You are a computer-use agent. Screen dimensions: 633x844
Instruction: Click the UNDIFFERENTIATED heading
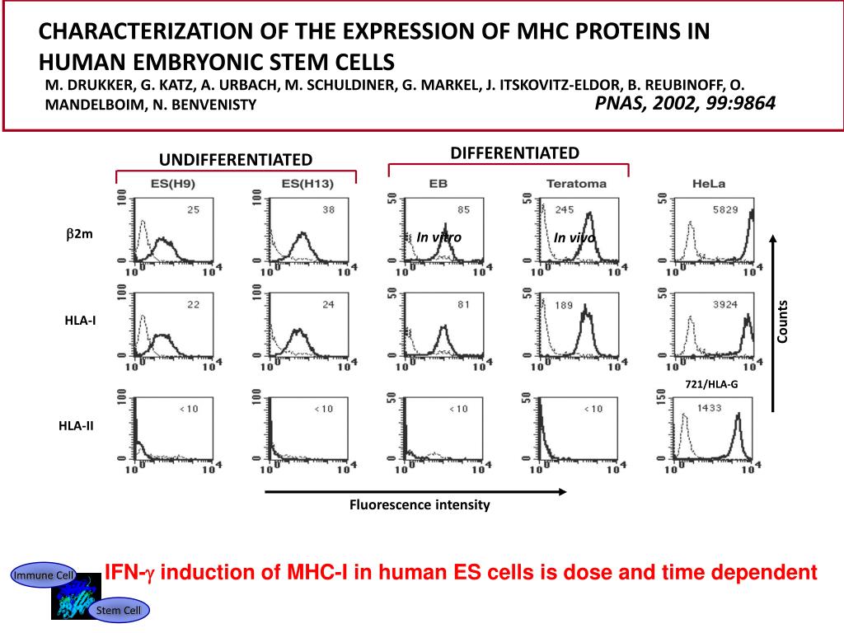(236, 159)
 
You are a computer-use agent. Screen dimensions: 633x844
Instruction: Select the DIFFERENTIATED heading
(514, 152)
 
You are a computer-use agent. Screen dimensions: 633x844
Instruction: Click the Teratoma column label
(576, 183)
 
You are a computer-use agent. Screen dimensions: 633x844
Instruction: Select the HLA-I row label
(80, 321)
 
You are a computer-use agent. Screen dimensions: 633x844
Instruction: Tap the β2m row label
(80, 234)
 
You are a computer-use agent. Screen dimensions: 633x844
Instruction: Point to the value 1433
(712, 408)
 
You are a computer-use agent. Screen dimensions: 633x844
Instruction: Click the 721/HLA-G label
(711, 384)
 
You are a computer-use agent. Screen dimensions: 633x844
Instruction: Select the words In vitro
(438, 237)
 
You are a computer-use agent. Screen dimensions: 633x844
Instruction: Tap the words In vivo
(574, 238)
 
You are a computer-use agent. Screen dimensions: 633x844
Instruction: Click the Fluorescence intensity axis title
(420, 505)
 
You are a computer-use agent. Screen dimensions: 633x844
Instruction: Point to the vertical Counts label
(782, 321)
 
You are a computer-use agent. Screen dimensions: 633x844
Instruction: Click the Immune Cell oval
(43, 575)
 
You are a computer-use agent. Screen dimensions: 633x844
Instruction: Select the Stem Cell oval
(120, 610)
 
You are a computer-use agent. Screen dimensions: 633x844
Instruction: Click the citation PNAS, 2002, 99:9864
(685, 104)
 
